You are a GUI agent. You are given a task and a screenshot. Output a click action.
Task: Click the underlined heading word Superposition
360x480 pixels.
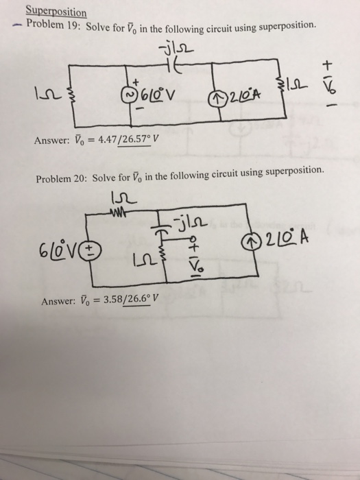tap(56, 12)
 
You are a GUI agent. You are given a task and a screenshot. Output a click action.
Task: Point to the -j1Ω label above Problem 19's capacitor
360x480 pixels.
tap(168, 47)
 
